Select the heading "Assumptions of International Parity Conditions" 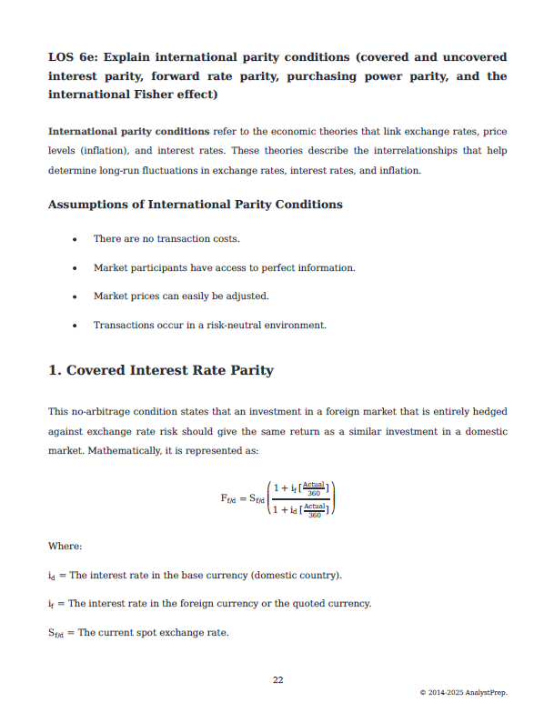tap(195, 205)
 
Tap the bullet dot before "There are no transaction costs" tap(74, 239)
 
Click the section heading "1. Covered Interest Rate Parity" tap(160, 371)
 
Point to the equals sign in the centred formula tap(242, 498)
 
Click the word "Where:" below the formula tap(65, 546)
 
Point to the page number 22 tap(277, 678)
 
